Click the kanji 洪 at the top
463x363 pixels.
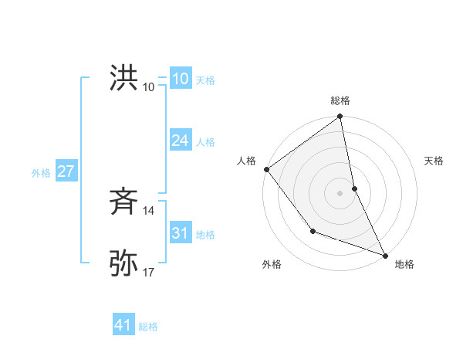point(123,78)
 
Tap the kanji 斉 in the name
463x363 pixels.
point(123,202)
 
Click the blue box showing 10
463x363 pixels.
point(180,79)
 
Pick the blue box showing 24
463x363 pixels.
point(180,141)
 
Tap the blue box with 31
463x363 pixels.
point(180,233)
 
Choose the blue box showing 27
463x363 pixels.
point(66,171)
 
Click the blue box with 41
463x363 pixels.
point(123,325)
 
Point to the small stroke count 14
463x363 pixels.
point(148,210)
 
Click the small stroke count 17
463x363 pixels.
point(148,272)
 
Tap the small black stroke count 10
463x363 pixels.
point(148,87)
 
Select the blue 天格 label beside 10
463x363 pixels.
point(205,80)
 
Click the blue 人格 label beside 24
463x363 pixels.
point(205,141)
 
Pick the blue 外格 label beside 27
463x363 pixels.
point(41,172)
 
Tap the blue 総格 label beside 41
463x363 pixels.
point(148,326)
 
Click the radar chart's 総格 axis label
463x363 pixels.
point(340,100)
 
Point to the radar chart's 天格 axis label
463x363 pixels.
point(434,161)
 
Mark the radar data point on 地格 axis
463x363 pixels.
point(385,255)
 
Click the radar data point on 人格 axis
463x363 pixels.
point(266,169)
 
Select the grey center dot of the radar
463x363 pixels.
point(340,193)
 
